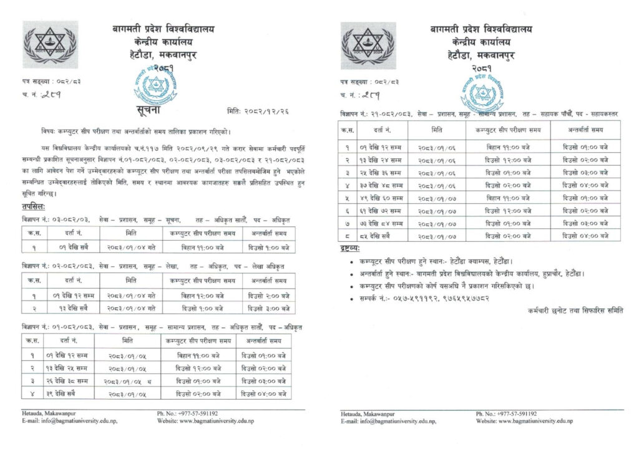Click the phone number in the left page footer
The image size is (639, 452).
pos(187,413)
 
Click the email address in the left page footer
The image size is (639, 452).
pos(69,421)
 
